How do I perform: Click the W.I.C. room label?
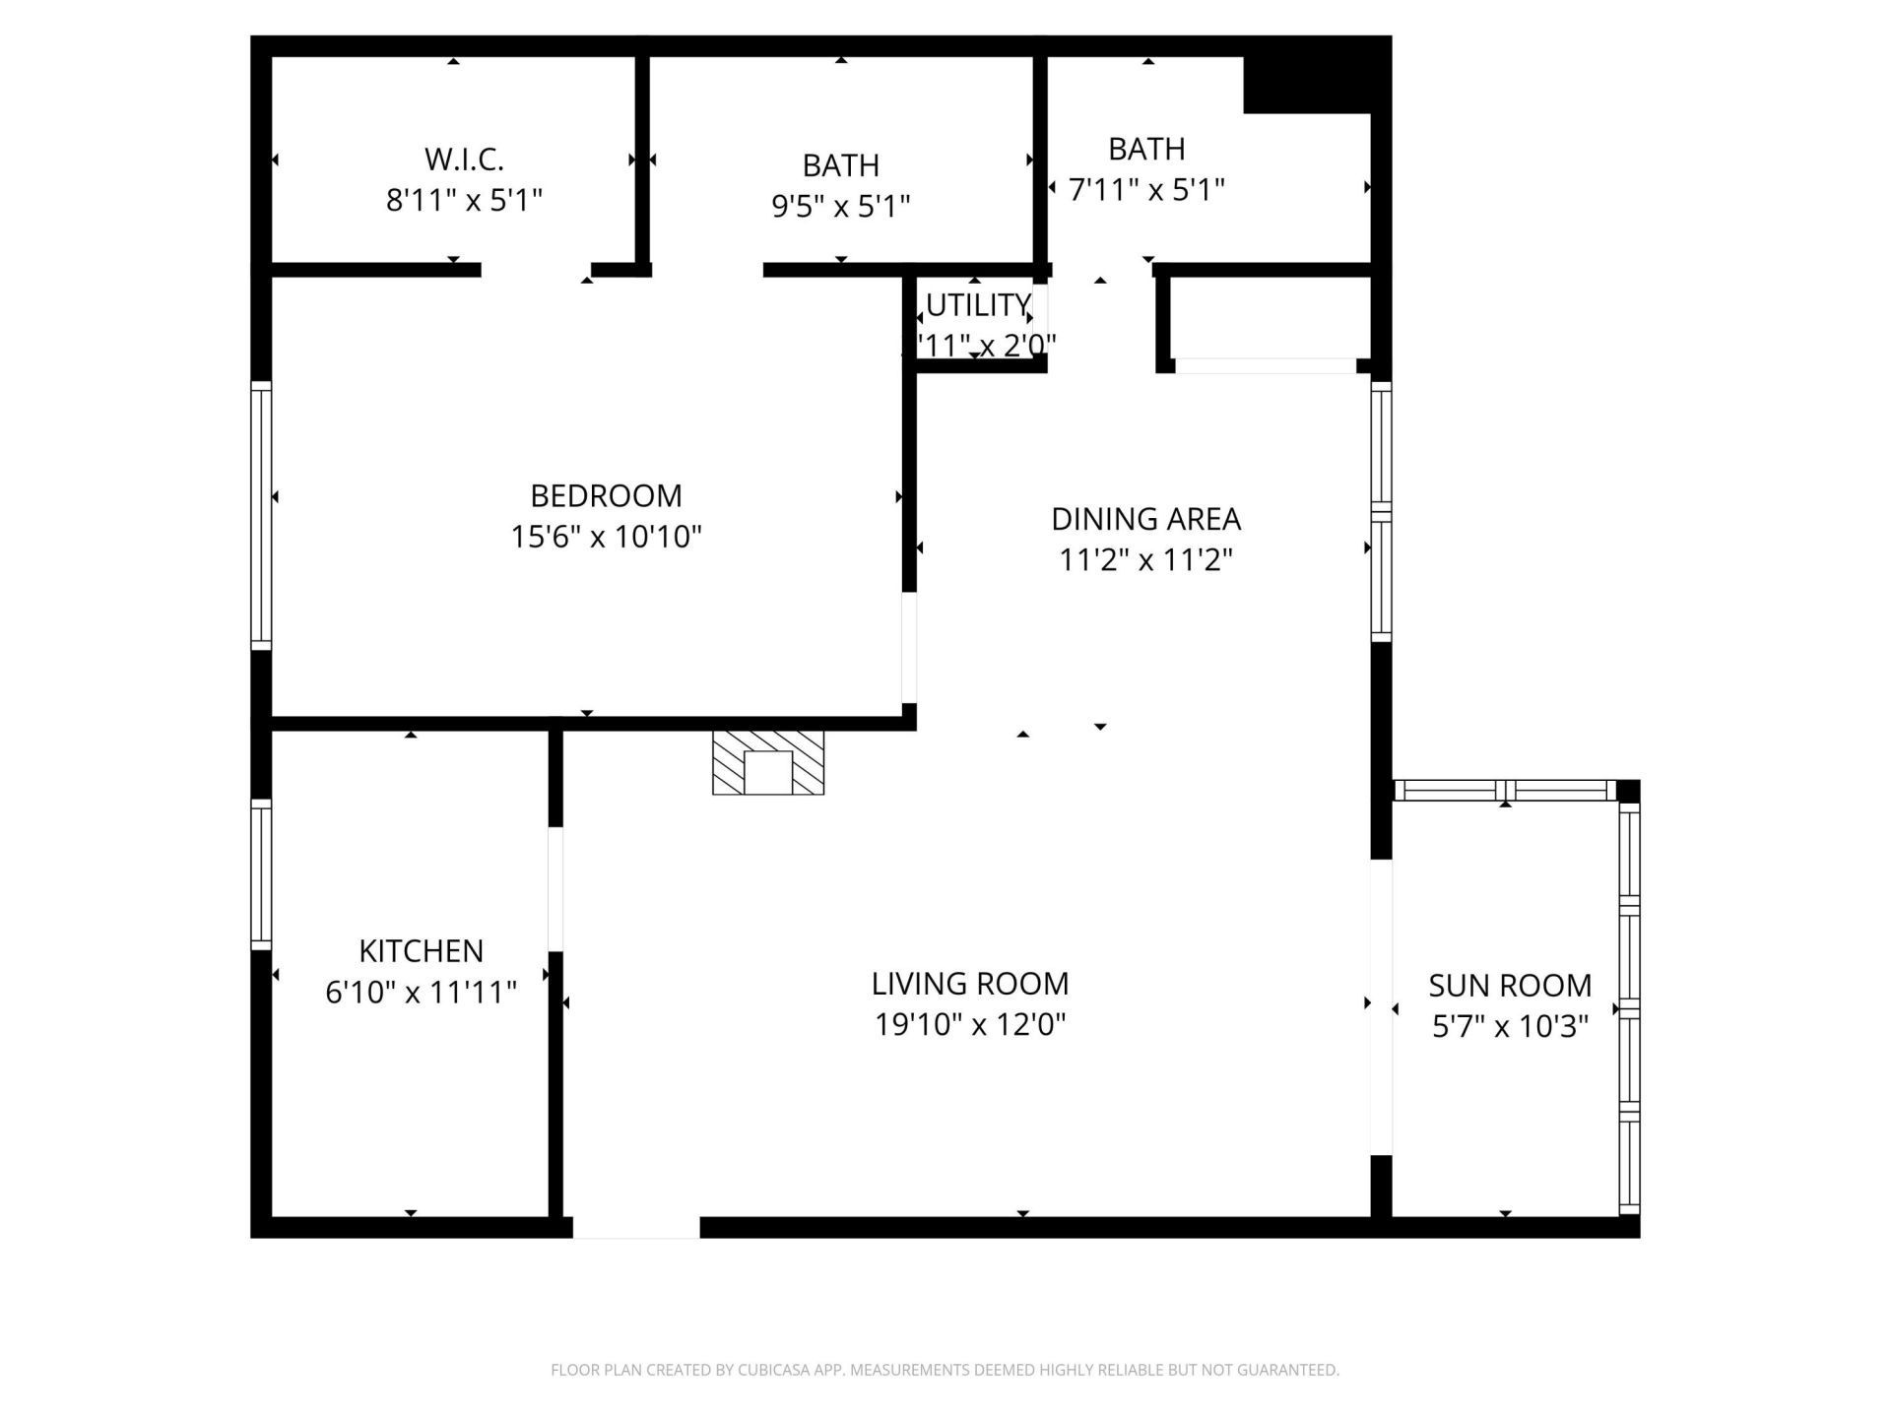coord(464,159)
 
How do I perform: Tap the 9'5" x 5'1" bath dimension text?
coord(840,207)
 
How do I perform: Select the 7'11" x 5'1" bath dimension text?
coord(1146,189)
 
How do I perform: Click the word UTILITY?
coord(978,305)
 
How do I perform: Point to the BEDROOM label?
coord(606,495)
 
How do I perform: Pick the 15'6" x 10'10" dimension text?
coord(606,537)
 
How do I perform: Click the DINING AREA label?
coord(1145,519)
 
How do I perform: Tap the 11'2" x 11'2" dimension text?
coord(1145,560)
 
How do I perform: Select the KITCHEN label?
coord(421,951)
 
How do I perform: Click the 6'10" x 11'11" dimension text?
coord(421,993)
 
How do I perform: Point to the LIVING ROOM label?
coord(970,984)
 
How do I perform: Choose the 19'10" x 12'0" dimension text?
coord(970,1025)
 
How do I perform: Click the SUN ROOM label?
coord(1510,986)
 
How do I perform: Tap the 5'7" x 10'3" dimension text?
coord(1510,1027)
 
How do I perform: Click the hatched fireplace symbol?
coord(768,762)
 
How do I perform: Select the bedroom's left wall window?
coord(261,515)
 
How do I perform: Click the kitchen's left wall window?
coord(261,874)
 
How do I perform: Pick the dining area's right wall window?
coord(1381,512)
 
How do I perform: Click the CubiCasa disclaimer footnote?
coord(945,1370)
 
